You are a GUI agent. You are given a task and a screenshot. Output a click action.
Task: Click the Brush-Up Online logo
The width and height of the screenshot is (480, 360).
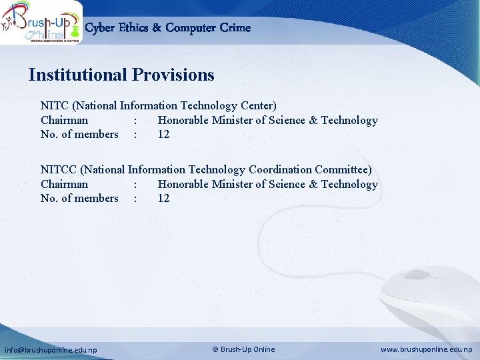tap(41, 23)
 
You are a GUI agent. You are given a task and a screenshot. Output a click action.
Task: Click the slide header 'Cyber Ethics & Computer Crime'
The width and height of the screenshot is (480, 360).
tap(168, 28)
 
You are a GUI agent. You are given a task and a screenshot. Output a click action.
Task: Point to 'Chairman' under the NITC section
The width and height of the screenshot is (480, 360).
tap(64, 120)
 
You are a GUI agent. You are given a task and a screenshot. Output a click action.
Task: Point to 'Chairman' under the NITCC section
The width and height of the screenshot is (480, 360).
tap(64, 184)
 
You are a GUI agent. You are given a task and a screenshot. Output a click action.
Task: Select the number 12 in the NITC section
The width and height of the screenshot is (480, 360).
tap(163, 134)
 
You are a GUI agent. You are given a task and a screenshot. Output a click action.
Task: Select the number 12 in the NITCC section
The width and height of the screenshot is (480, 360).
tap(163, 198)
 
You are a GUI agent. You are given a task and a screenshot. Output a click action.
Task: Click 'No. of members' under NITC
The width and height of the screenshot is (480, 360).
tap(79, 134)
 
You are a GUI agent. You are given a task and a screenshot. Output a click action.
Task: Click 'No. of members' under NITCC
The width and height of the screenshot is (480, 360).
tap(79, 198)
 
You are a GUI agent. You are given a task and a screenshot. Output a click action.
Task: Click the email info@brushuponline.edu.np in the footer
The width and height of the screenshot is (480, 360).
tap(51, 349)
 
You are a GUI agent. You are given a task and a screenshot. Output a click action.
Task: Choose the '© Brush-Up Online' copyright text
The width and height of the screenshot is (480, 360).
tap(243, 349)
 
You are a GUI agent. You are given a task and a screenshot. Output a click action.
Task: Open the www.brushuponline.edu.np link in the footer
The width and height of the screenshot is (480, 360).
tap(426, 349)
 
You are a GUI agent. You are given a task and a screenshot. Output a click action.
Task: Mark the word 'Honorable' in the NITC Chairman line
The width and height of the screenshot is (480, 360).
tap(183, 120)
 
